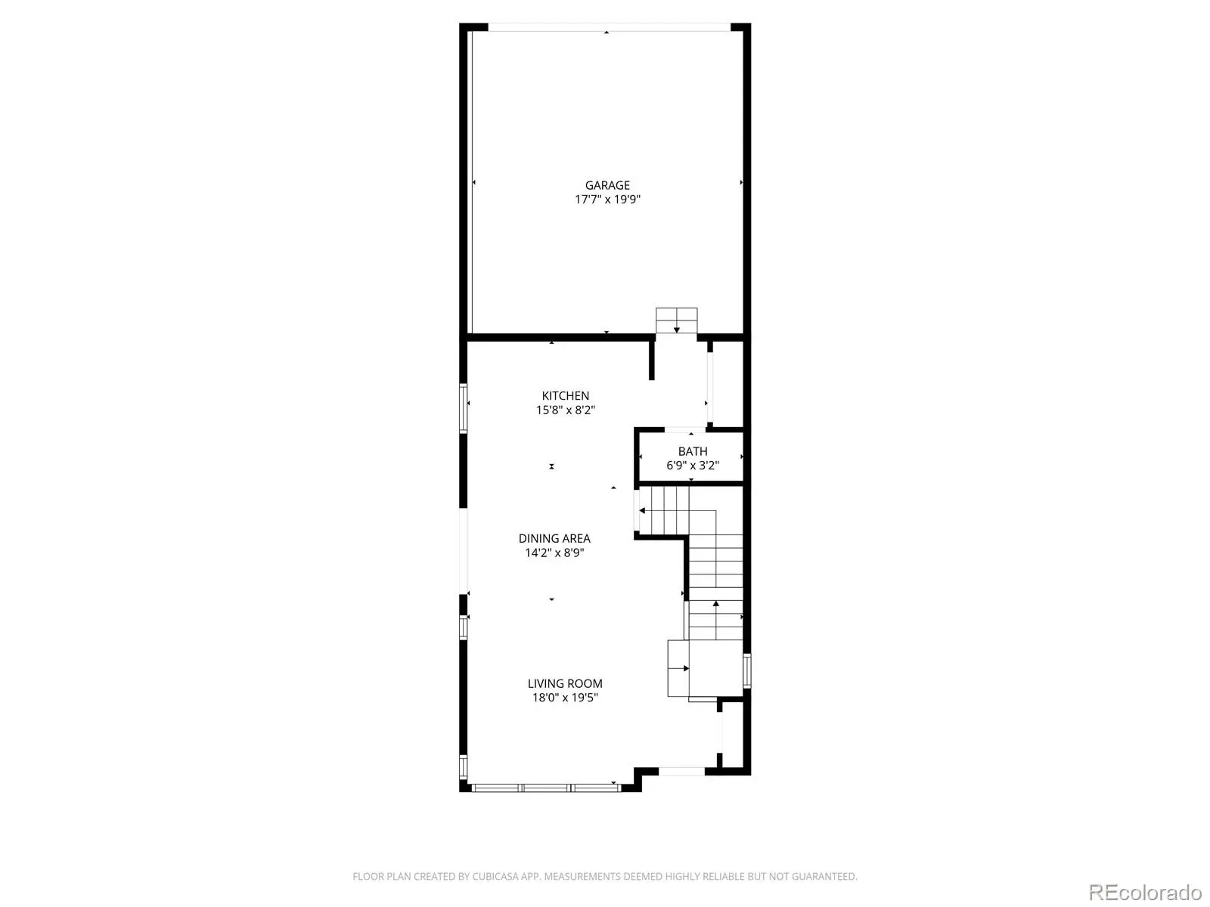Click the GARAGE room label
607,185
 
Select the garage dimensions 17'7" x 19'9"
607,200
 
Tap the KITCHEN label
565,395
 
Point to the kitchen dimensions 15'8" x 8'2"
565,410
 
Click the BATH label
693,451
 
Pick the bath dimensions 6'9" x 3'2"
693,466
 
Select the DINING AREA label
554,538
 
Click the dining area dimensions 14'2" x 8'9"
554,553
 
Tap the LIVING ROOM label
564,683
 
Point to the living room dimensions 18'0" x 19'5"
564,698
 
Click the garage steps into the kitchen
676,320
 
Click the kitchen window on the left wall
463,408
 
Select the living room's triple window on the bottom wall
546,788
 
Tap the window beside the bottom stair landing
747,670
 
